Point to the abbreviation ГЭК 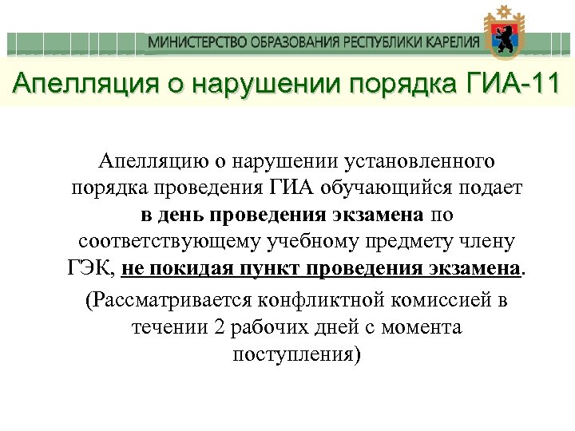(x=90, y=267)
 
